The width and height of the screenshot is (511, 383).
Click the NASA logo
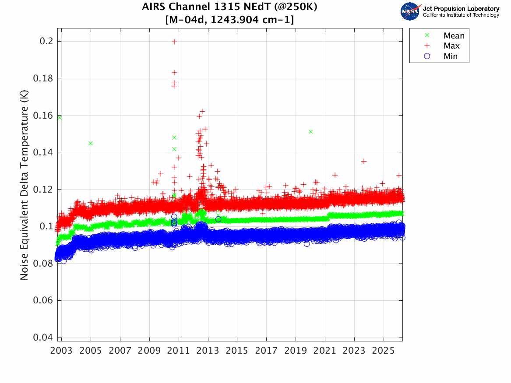410,11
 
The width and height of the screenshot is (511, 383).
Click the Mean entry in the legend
454,36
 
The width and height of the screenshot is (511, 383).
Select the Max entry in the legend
451,46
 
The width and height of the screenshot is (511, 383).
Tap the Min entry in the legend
451,56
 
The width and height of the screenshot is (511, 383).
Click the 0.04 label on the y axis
44,337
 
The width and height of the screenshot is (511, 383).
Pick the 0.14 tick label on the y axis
44,152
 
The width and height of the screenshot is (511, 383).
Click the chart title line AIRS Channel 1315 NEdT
230,7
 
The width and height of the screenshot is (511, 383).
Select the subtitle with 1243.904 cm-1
230,20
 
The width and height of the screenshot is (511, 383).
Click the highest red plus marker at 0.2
174,42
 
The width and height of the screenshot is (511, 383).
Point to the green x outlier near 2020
310,132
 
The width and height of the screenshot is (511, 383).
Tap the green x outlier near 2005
91,143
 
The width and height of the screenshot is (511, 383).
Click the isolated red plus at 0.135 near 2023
363,162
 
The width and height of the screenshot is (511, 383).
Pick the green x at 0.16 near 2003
60,117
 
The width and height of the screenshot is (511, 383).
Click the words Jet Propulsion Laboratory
461,9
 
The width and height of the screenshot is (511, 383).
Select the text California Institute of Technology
461,15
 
